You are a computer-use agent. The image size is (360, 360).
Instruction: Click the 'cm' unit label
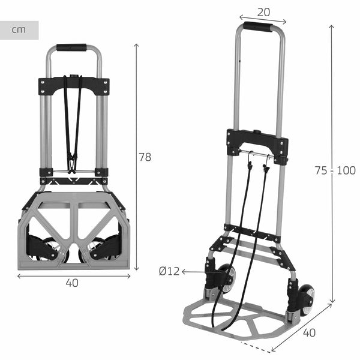[x=19, y=30]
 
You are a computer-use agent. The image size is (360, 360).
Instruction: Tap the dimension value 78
[x=145, y=157]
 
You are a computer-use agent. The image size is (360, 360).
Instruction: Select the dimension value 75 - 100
[x=335, y=170]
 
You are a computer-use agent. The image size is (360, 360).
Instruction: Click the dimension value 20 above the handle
[x=262, y=11]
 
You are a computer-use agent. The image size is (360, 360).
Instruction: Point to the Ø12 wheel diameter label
[x=169, y=271]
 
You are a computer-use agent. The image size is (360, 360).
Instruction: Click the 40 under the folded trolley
[x=73, y=284]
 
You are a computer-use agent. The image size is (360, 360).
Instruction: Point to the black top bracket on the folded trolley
[x=74, y=86]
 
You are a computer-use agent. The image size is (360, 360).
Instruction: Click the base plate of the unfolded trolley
[x=240, y=318]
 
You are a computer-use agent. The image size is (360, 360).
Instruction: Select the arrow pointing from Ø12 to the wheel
[x=195, y=272]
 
